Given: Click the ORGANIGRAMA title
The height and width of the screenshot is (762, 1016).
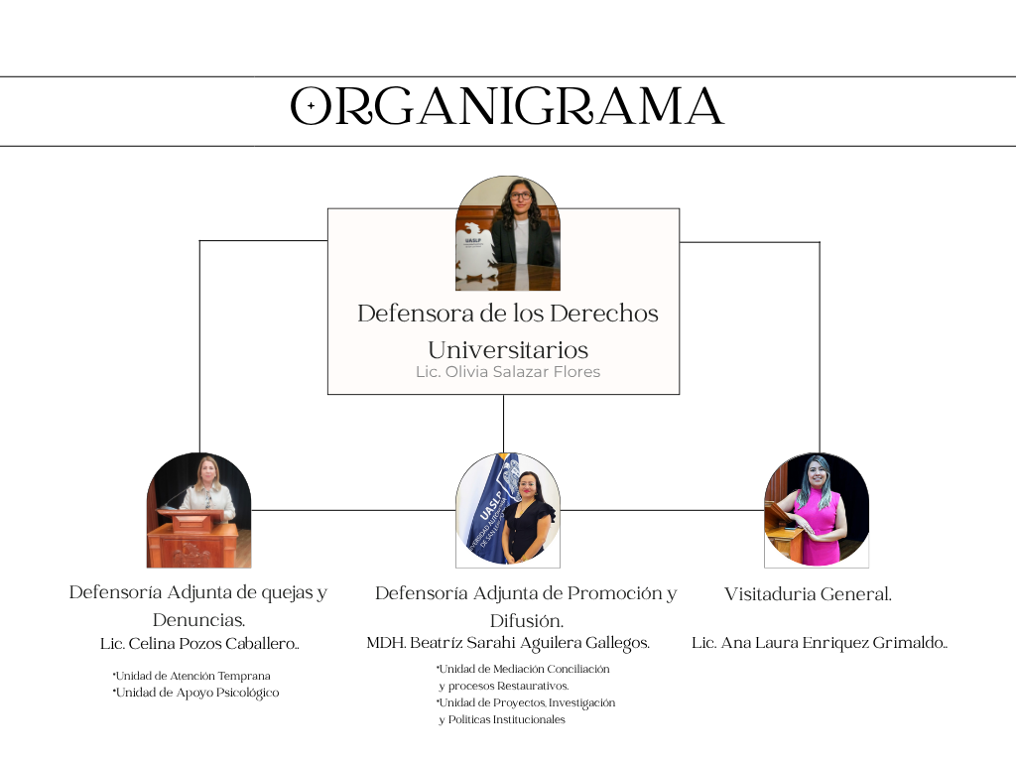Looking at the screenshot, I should point(507,106).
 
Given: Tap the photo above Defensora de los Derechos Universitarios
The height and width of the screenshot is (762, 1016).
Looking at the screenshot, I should point(507,234).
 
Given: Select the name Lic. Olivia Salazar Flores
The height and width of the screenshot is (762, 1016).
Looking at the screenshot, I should point(507,372).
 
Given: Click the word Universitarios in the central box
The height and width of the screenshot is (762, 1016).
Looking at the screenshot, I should point(507,350).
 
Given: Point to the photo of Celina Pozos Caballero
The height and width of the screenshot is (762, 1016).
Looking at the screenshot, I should point(198,510).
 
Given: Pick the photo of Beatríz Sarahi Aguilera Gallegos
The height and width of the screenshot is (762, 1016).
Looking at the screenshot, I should point(507,510).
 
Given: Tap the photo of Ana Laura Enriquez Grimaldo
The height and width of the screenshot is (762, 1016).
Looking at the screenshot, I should point(816,510).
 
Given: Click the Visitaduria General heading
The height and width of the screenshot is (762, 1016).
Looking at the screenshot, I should point(808,594).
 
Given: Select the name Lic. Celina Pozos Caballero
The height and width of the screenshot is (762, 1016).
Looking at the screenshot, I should point(199,644).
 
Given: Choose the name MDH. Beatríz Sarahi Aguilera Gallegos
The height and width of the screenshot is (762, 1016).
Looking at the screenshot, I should point(507,643).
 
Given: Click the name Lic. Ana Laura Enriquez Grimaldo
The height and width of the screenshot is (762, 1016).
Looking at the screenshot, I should point(820,643).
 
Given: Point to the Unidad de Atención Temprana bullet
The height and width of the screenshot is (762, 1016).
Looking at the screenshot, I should point(191,676).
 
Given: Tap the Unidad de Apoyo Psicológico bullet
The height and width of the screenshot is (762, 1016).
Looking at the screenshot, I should point(195,693).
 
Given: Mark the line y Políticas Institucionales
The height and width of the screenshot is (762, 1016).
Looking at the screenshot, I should point(502,719).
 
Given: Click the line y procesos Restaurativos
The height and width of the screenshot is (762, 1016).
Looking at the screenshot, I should point(504,686).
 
